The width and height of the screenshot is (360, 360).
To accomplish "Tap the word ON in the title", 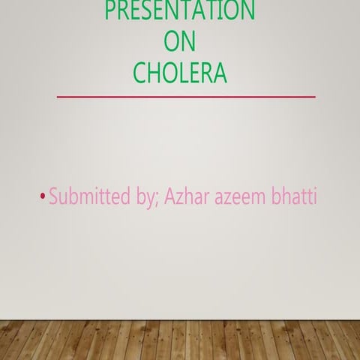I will [x=179, y=43].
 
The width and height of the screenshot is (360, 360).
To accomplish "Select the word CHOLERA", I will [x=179, y=73].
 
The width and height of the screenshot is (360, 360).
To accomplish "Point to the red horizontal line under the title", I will [x=186, y=97].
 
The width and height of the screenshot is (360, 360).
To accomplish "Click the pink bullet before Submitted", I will [x=42, y=198].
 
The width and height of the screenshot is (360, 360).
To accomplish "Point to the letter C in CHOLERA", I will [x=141, y=73].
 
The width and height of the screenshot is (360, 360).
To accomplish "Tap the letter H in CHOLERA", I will [x=156, y=73].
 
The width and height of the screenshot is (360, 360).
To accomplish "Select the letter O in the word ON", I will [x=170, y=43].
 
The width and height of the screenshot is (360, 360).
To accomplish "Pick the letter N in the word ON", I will [x=188, y=43].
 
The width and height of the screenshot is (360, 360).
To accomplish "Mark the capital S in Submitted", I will [x=54, y=197].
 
